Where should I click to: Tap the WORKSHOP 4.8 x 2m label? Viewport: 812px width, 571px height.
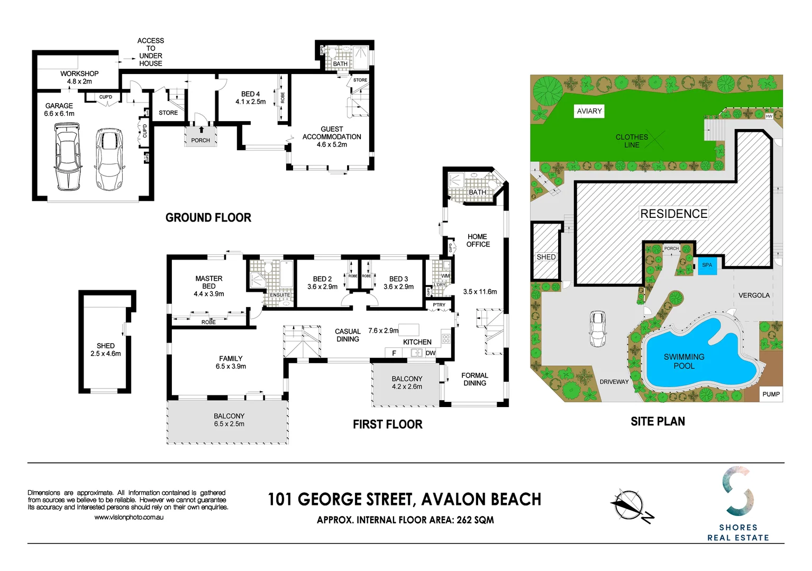79,77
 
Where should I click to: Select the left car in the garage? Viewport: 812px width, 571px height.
68,156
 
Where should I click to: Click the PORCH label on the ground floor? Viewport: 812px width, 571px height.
200,140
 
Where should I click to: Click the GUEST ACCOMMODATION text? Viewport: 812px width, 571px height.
332,136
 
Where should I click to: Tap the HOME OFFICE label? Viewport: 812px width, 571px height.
478,241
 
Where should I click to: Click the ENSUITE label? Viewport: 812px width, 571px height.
280,295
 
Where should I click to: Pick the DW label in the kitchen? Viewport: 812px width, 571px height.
431,353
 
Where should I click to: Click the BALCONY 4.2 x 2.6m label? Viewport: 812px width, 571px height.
407,382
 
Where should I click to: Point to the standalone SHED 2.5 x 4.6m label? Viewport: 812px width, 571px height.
105,349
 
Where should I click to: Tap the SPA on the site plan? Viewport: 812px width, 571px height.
707,265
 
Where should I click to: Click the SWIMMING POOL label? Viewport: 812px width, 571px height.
684,361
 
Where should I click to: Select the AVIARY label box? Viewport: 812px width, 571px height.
589,111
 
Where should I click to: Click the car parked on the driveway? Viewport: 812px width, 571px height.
598,328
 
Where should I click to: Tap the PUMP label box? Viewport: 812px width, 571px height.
771,394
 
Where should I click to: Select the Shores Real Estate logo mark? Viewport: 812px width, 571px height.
738,491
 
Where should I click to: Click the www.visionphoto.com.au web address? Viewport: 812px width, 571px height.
129,517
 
